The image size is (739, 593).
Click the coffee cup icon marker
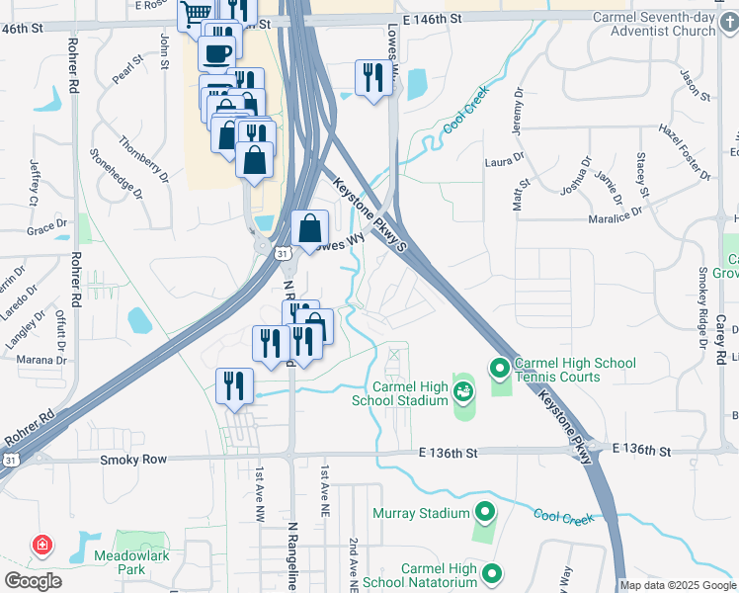[217, 52]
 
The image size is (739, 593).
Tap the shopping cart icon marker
[196, 13]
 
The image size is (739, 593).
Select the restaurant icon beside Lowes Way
[373, 78]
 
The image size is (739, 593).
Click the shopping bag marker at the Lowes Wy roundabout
[310, 228]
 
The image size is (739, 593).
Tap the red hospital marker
[42, 545]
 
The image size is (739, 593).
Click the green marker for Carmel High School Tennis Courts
[500, 370]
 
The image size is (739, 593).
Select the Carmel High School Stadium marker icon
[462, 393]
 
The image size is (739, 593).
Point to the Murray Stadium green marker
[484, 513]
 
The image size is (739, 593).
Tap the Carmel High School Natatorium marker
[491, 573]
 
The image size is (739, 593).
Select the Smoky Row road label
[133, 460]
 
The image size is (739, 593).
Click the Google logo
[33, 581]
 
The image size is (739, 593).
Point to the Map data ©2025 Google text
[677, 585]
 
